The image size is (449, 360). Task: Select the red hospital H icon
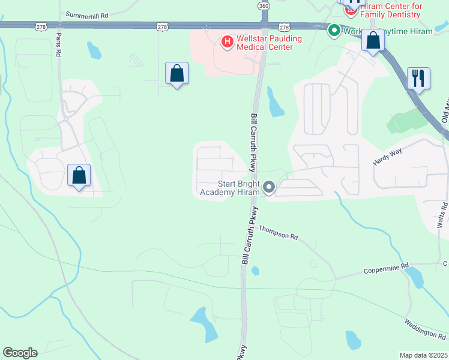tap(227, 41)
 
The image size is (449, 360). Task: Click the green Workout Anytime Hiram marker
tap(334, 31)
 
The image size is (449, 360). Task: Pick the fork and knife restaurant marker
tap(418, 78)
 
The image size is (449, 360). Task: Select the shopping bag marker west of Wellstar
tap(176, 74)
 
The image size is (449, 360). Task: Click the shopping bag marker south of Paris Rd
tap(79, 176)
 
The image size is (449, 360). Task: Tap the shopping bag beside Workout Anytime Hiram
tap(373, 41)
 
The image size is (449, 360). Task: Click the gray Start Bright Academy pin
tap(269, 188)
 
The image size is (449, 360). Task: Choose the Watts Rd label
tap(442, 215)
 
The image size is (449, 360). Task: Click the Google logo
tap(20, 353)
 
